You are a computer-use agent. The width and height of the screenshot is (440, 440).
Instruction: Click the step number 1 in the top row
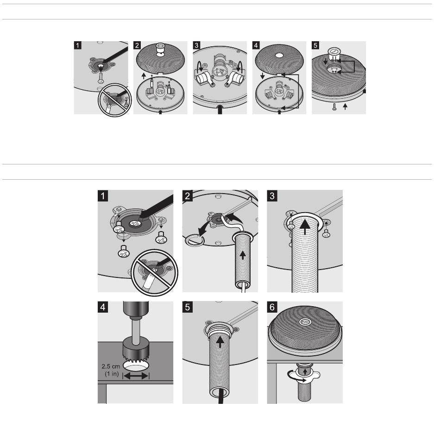coord(78,45)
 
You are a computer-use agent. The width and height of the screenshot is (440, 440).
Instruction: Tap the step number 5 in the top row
coord(315,45)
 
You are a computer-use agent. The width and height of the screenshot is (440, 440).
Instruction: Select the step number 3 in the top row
coord(196,45)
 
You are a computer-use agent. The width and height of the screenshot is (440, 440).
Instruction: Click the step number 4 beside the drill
coord(103,307)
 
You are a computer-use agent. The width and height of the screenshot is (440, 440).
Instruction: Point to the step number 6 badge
coord(272,307)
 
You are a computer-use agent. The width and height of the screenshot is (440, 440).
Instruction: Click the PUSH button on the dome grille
coord(305,322)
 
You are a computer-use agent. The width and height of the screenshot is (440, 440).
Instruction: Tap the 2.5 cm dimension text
coord(111,366)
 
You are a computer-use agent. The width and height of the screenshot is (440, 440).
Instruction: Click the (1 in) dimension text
coord(112,374)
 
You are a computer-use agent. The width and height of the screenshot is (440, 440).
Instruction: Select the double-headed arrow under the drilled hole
coord(136,376)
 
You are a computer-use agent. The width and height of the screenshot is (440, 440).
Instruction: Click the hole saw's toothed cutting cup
coord(136,350)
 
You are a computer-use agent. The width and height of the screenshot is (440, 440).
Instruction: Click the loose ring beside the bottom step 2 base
coord(193,240)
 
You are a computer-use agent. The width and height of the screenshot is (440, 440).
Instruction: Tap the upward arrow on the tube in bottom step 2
coord(243,255)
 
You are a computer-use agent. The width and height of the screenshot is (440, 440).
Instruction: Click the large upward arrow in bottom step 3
coord(305,227)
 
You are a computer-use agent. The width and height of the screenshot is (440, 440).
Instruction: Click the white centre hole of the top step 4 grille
coord(279,55)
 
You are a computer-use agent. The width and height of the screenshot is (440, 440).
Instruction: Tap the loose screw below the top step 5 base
coord(334,107)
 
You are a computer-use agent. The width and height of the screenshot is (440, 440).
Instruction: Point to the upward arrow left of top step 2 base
coord(144,76)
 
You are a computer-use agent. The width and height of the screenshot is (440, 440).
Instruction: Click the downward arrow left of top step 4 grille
coord(262,76)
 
